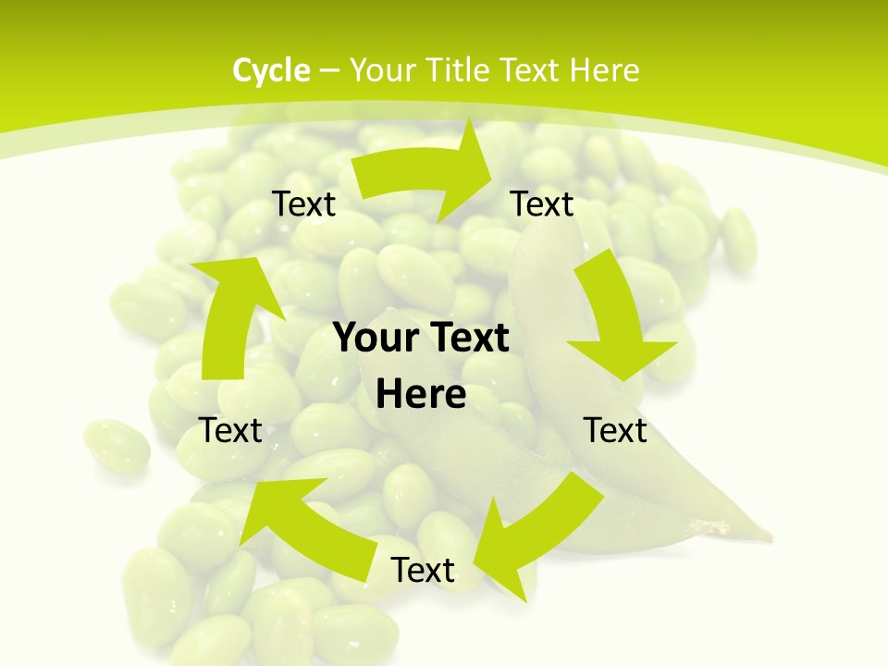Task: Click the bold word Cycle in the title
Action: point(271,70)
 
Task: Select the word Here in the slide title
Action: point(605,70)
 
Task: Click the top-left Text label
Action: point(303,203)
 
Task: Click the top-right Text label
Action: point(542,203)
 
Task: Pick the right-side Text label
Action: point(615,430)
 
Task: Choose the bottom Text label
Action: point(423,570)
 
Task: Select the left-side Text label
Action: point(230,430)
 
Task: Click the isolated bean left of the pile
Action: point(117,445)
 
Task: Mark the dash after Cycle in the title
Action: point(329,70)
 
